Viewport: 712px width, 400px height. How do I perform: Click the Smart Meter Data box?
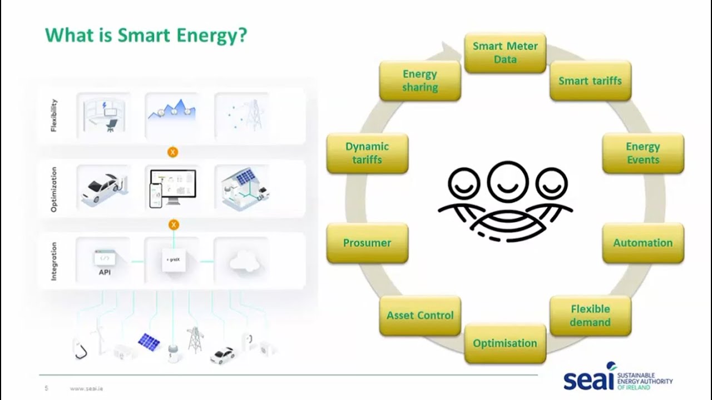pos(505,53)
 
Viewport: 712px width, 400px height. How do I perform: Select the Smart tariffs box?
pos(590,81)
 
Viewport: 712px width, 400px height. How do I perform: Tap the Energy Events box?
pos(643,153)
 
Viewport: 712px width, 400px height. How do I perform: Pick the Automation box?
pos(643,243)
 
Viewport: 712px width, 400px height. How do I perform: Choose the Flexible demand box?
pos(590,316)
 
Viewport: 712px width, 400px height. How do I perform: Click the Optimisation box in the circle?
pos(505,343)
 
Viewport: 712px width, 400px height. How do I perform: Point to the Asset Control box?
pos(420,316)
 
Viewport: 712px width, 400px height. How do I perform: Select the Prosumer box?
pos(367,243)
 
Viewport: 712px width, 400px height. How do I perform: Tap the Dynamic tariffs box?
pos(367,153)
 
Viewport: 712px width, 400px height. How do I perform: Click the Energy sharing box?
pos(420,81)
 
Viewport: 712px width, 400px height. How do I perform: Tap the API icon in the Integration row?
pos(105,261)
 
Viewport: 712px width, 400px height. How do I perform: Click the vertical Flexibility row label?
pos(54,115)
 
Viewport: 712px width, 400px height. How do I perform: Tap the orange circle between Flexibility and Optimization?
pos(173,152)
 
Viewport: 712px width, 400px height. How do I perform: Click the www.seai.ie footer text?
pos(86,388)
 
